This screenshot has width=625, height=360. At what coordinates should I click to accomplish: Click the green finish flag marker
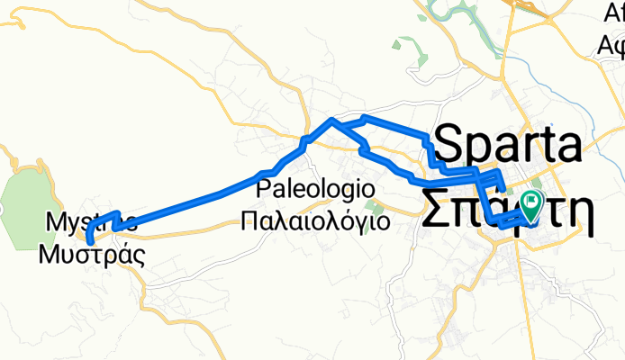530,206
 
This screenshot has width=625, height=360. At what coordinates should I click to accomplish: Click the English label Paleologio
314,190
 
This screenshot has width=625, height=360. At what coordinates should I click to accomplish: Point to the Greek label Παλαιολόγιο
315,220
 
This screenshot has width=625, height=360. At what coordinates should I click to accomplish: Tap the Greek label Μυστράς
92,252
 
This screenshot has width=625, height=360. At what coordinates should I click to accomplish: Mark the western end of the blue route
89,240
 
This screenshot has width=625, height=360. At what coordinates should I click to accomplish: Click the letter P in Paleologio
263,190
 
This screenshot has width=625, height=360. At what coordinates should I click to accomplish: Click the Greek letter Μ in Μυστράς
49,252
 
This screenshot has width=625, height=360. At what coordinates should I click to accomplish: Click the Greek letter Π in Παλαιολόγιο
251,220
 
